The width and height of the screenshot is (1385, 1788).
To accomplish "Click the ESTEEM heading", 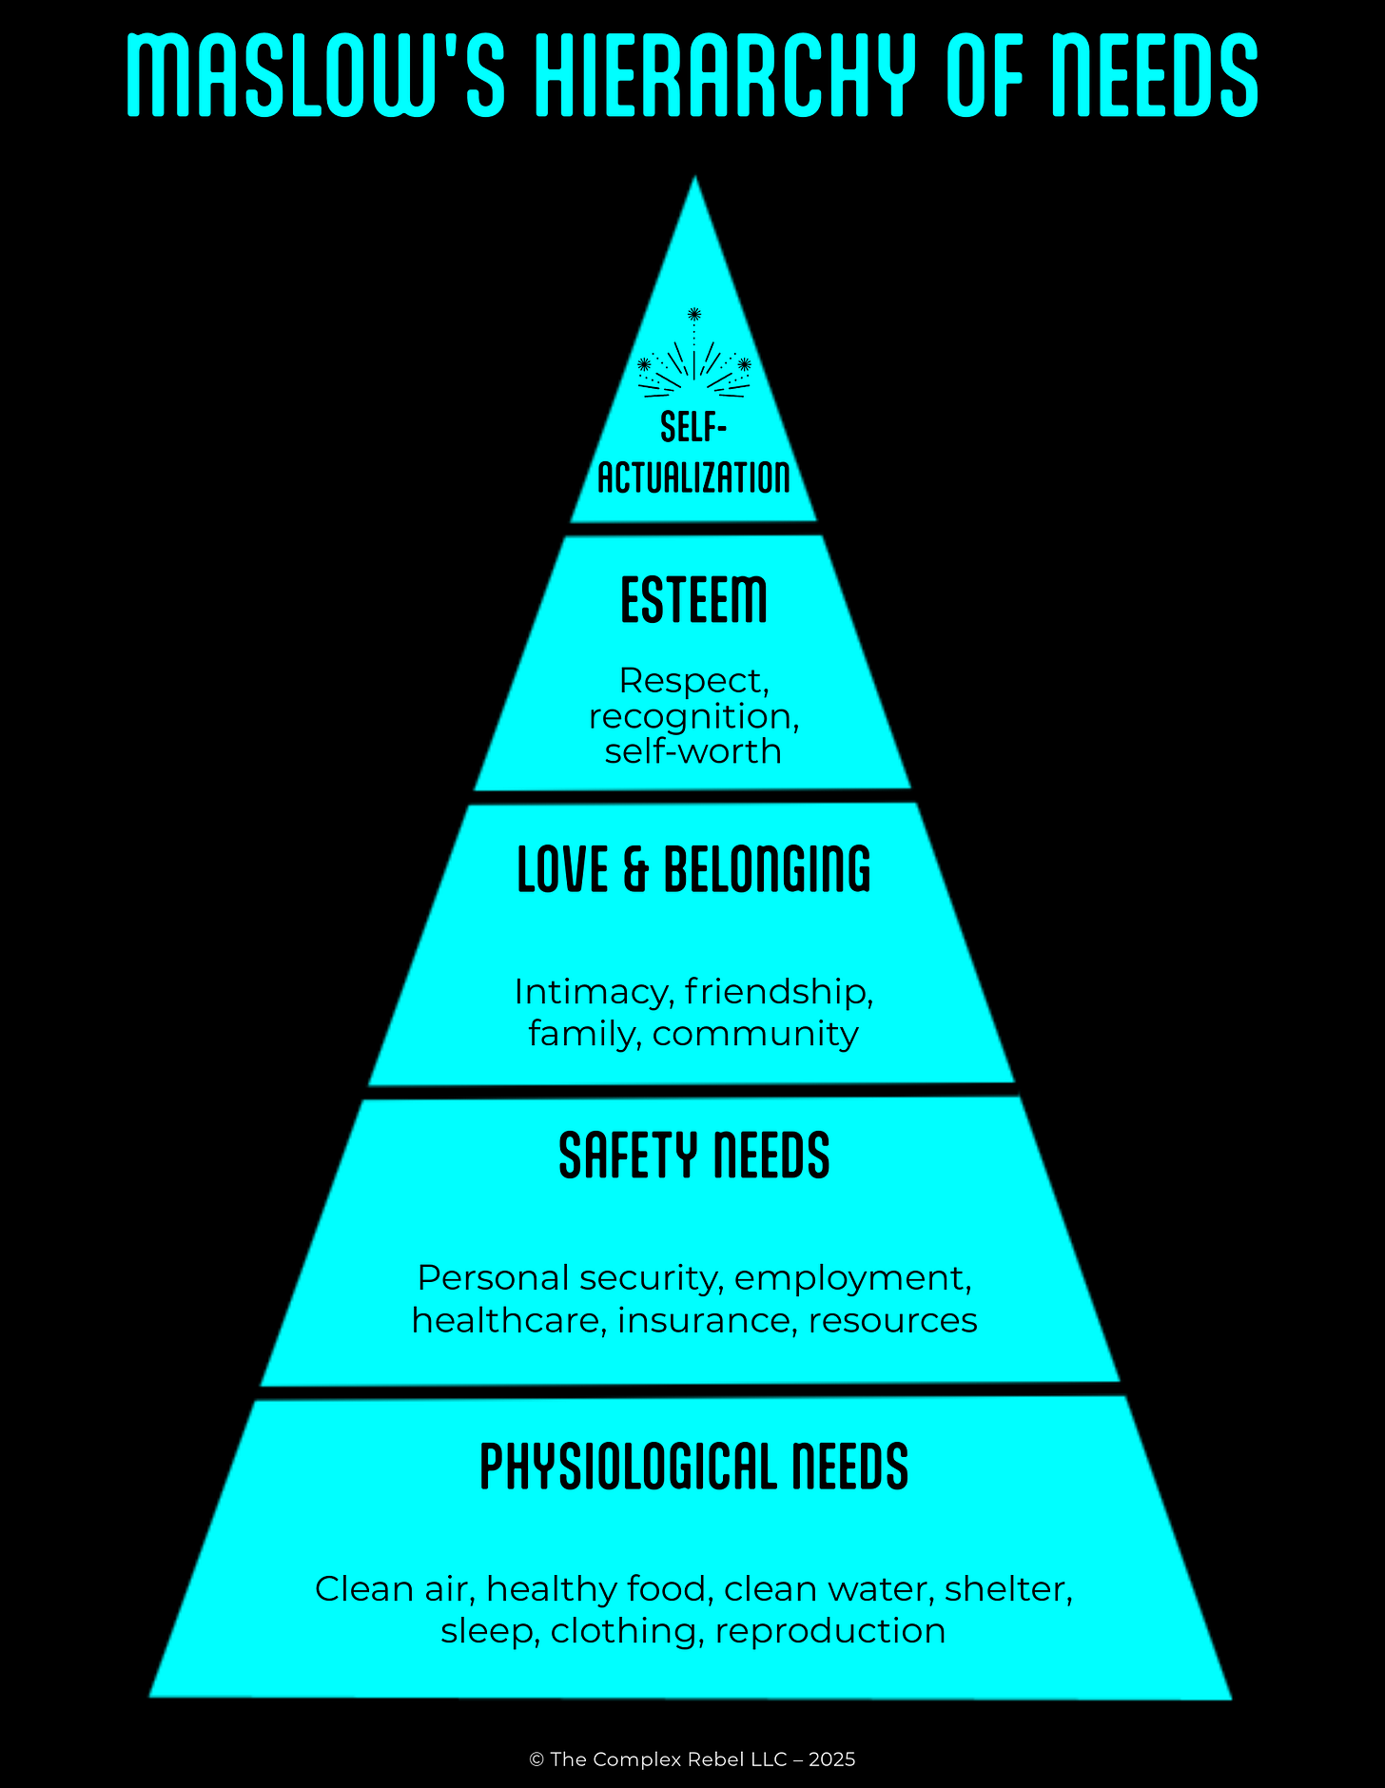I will [x=693, y=600].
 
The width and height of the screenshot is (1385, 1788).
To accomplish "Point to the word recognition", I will [x=693, y=717].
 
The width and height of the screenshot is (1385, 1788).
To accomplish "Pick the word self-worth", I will [x=693, y=751].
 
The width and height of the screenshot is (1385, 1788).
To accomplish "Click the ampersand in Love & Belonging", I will [x=635, y=869].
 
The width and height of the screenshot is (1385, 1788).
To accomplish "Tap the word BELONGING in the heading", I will [x=767, y=869].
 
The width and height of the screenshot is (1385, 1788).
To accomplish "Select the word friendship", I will [x=778, y=992].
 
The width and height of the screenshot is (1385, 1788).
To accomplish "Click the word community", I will [x=755, y=1034].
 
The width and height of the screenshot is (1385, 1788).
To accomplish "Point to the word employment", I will [x=852, y=1278].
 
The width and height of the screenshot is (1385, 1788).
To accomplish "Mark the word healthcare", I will [x=509, y=1320].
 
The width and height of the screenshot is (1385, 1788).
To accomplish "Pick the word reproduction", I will [x=830, y=1631].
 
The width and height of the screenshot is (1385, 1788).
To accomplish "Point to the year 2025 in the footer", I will [x=832, y=1759].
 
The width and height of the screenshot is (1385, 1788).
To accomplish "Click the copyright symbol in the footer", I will [x=536, y=1759].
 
